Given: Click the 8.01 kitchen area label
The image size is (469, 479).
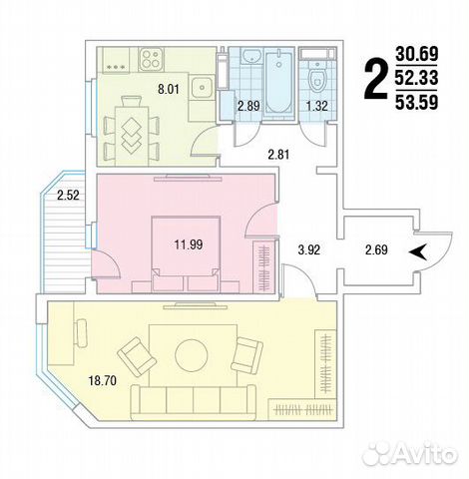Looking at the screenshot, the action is (x=169, y=89).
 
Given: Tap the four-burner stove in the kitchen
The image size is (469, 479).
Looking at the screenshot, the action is (x=152, y=59).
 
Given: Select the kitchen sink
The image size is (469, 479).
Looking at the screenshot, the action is (x=202, y=87).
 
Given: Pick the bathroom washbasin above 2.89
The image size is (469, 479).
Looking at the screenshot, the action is (x=251, y=55).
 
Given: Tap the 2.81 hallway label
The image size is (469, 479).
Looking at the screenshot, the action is (x=278, y=155).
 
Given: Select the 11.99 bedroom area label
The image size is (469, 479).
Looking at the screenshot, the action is (x=189, y=245).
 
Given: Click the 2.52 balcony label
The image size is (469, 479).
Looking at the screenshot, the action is (x=68, y=196).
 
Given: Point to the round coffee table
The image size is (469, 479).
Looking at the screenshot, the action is (x=192, y=355).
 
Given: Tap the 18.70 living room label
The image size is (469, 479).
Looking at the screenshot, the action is (x=103, y=380).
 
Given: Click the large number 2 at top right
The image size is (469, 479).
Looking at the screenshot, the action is (x=376, y=79).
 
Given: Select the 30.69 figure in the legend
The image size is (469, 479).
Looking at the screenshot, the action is (x=416, y=54).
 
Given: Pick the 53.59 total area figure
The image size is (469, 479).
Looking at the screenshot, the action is (x=416, y=103).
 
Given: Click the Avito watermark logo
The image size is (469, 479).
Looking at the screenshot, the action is (x=410, y=454).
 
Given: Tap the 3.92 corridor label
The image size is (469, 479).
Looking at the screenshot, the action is (x=309, y=249).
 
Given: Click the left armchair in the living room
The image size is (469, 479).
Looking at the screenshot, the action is (x=137, y=356).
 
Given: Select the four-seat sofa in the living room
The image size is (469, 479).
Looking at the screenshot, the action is (x=194, y=402).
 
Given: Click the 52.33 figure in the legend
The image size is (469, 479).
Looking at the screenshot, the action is (x=416, y=78).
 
